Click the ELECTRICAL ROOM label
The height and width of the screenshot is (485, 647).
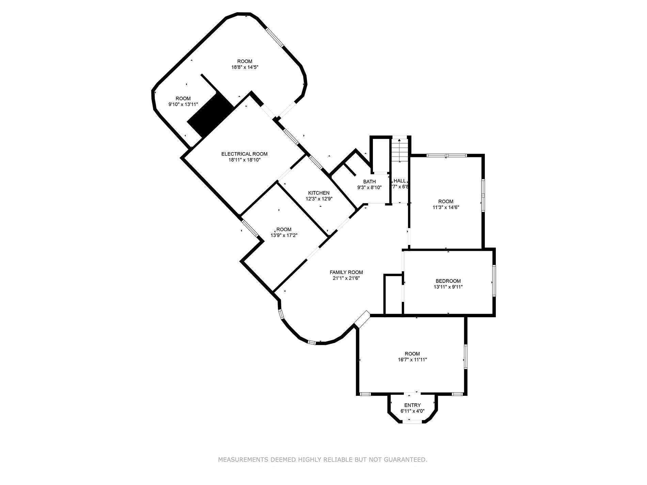(244, 154)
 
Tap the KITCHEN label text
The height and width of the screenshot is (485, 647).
(319, 193)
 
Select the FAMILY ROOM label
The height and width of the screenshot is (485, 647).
(346, 272)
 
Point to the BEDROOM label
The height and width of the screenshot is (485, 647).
(448, 281)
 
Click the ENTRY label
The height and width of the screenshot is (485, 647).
(412, 405)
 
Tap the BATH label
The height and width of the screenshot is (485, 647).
(369, 182)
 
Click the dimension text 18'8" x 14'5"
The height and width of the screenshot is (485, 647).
(245, 67)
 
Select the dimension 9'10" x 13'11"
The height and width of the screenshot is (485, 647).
(183, 104)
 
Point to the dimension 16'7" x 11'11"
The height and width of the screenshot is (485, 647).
(412, 359)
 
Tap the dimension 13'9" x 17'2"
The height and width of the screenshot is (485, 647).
(284, 235)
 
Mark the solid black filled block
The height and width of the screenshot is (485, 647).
(210, 116)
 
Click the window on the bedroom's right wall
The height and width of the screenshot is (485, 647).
(494, 280)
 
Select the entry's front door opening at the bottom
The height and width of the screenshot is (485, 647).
(412, 422)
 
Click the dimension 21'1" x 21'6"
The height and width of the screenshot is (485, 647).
(346, 278)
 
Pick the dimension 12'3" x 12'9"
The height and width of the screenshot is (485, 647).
(319, 199)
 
